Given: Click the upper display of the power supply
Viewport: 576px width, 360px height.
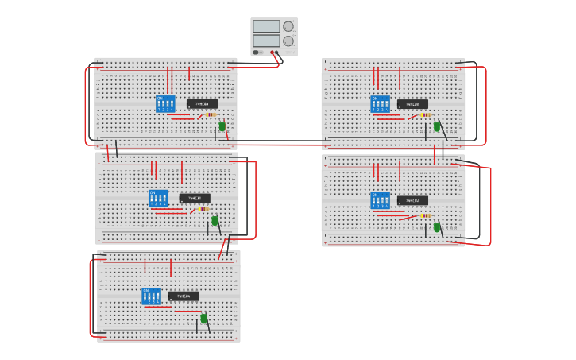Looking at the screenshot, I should pyautogui.click(x=266, y=26).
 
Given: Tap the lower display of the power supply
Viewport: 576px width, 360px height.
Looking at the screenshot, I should pyautogui.click(x=266, y=41).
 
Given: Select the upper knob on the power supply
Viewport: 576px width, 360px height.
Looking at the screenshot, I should pyautogui.click(x=288, y=26).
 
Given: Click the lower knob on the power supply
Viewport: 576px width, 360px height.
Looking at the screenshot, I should pyautogui.click(x=288, y=41).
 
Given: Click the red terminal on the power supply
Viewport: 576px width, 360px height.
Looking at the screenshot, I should pyautogui.click(x=272, y=52).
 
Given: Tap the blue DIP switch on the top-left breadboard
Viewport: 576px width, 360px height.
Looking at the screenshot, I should pyautogui.click(x=165, y=104).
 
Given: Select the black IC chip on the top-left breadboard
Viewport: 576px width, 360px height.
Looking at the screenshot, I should pyautogui.click(x=202, y=103).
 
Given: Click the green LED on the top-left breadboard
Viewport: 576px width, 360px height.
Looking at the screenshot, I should pyautogui.click(x=222, y=126).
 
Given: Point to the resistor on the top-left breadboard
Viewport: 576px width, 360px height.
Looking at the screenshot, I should pyautogui.click(x=211, y=114).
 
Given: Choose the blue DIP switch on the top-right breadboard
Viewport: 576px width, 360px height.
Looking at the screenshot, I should pyautogui.click(x=380, y=104).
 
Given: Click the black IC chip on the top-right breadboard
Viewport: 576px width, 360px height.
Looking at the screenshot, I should pyautogui.click(x=412, y=103).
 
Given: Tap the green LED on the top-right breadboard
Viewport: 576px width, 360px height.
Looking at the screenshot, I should pyautogui.click(x=436, y=126).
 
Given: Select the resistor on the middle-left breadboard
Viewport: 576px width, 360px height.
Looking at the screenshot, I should pyautogui.click(x=204, y=209).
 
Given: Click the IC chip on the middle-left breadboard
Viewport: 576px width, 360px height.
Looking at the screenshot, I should pyautogui.click(x=195, y=198).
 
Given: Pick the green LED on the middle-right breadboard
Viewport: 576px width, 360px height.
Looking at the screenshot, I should pyautogui.click(x=436, y=226).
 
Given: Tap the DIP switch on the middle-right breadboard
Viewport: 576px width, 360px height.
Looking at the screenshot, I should pyautogui.click(x=380, y=199).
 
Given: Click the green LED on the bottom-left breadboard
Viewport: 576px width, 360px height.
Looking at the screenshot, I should pyautogui.click(x=203, y=318).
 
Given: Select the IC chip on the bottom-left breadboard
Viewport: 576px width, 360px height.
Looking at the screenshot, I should pyautogui.click(x=184, y=296).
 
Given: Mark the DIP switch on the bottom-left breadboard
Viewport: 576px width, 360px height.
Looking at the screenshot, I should pyautogui.click(x=151, y=296).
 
